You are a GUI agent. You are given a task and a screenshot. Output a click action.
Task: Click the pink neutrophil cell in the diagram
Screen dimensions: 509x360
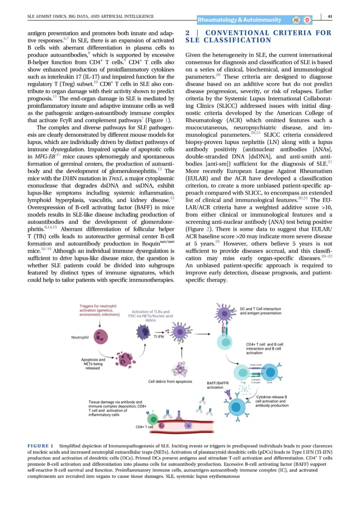[x=101, y=337]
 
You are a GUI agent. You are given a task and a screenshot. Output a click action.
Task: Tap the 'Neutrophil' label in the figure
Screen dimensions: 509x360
[x=80, y=337]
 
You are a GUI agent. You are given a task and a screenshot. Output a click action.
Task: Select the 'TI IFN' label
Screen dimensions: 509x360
[x=159, y=337]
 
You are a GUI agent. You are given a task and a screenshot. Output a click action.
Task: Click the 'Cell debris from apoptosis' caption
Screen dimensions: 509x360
[x=170, y=381]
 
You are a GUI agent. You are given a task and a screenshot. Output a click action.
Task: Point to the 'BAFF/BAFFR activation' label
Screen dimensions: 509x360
[x=218, y=385]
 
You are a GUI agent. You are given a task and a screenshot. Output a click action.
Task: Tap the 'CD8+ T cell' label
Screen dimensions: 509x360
[x=144, y=427]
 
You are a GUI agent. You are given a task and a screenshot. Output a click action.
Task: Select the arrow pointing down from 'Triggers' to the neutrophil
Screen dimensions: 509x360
[x=100, y=322]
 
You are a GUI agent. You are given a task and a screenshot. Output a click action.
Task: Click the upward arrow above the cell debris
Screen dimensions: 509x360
[x=182, y=352]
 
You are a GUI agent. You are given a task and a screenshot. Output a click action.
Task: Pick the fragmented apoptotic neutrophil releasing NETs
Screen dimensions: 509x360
[x=125, y=359]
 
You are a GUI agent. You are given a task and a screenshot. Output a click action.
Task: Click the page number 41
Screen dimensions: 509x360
[x=330, y=16]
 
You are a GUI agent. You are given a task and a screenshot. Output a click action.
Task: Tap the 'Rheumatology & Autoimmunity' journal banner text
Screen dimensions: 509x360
[x=239, y=20]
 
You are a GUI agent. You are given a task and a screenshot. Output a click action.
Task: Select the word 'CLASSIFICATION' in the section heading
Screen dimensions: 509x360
[x=237, y=40]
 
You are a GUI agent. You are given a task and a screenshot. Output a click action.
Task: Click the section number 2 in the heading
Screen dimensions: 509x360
[x=188, y=33]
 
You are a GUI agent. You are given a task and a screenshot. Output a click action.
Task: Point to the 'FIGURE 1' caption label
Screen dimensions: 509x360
[x=40, y=446]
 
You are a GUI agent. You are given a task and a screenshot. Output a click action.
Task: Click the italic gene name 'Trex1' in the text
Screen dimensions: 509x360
[x=115, y=178]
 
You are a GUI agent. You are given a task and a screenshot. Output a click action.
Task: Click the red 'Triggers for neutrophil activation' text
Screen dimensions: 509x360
[x=99, y=310]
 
